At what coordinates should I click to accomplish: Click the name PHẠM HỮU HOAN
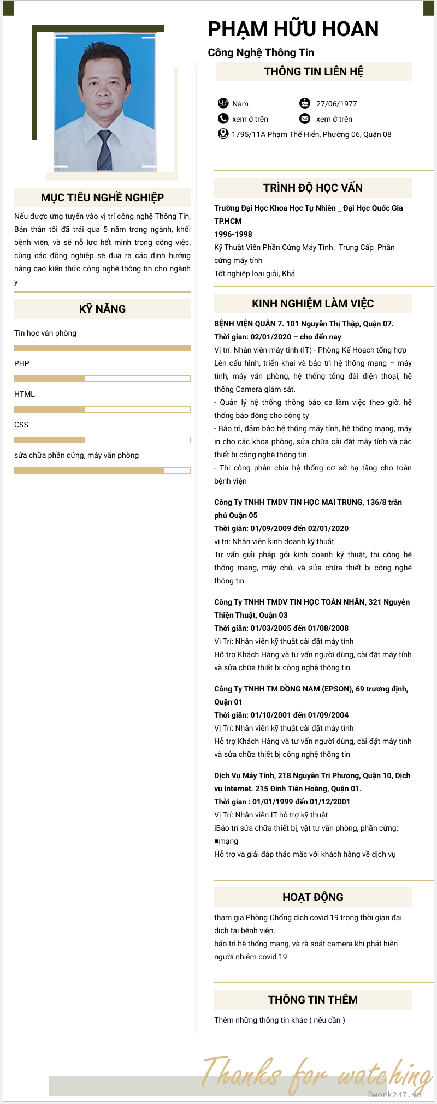click(293, 29)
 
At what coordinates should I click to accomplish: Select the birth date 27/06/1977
click(336, 104)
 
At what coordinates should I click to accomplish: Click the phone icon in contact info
click(223, 118)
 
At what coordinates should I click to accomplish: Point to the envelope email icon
click(305, 118)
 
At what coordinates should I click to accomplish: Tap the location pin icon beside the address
click(223, 134)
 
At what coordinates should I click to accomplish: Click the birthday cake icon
click(305, 103)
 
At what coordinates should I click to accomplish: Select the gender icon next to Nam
click(223, 103)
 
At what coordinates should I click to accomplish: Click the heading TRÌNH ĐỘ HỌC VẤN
click(312, 188)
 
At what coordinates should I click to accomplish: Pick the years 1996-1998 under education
click(233, 234)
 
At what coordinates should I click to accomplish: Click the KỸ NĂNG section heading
click(102, 309)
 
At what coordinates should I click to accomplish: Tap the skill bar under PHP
click(102, 379)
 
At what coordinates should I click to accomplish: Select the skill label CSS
click(21, 425)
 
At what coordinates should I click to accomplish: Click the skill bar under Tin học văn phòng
click(102, 348)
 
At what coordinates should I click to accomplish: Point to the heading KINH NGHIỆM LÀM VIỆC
click(312, 303)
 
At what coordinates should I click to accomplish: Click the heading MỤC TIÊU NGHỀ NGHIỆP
click(102, 198)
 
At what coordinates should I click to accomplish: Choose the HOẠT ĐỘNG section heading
click(312, 897)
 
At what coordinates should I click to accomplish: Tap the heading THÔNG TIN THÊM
click(312, 1000)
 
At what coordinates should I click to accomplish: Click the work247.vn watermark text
click(394, 1095)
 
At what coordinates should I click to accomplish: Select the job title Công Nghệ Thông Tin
click(261, 52)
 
